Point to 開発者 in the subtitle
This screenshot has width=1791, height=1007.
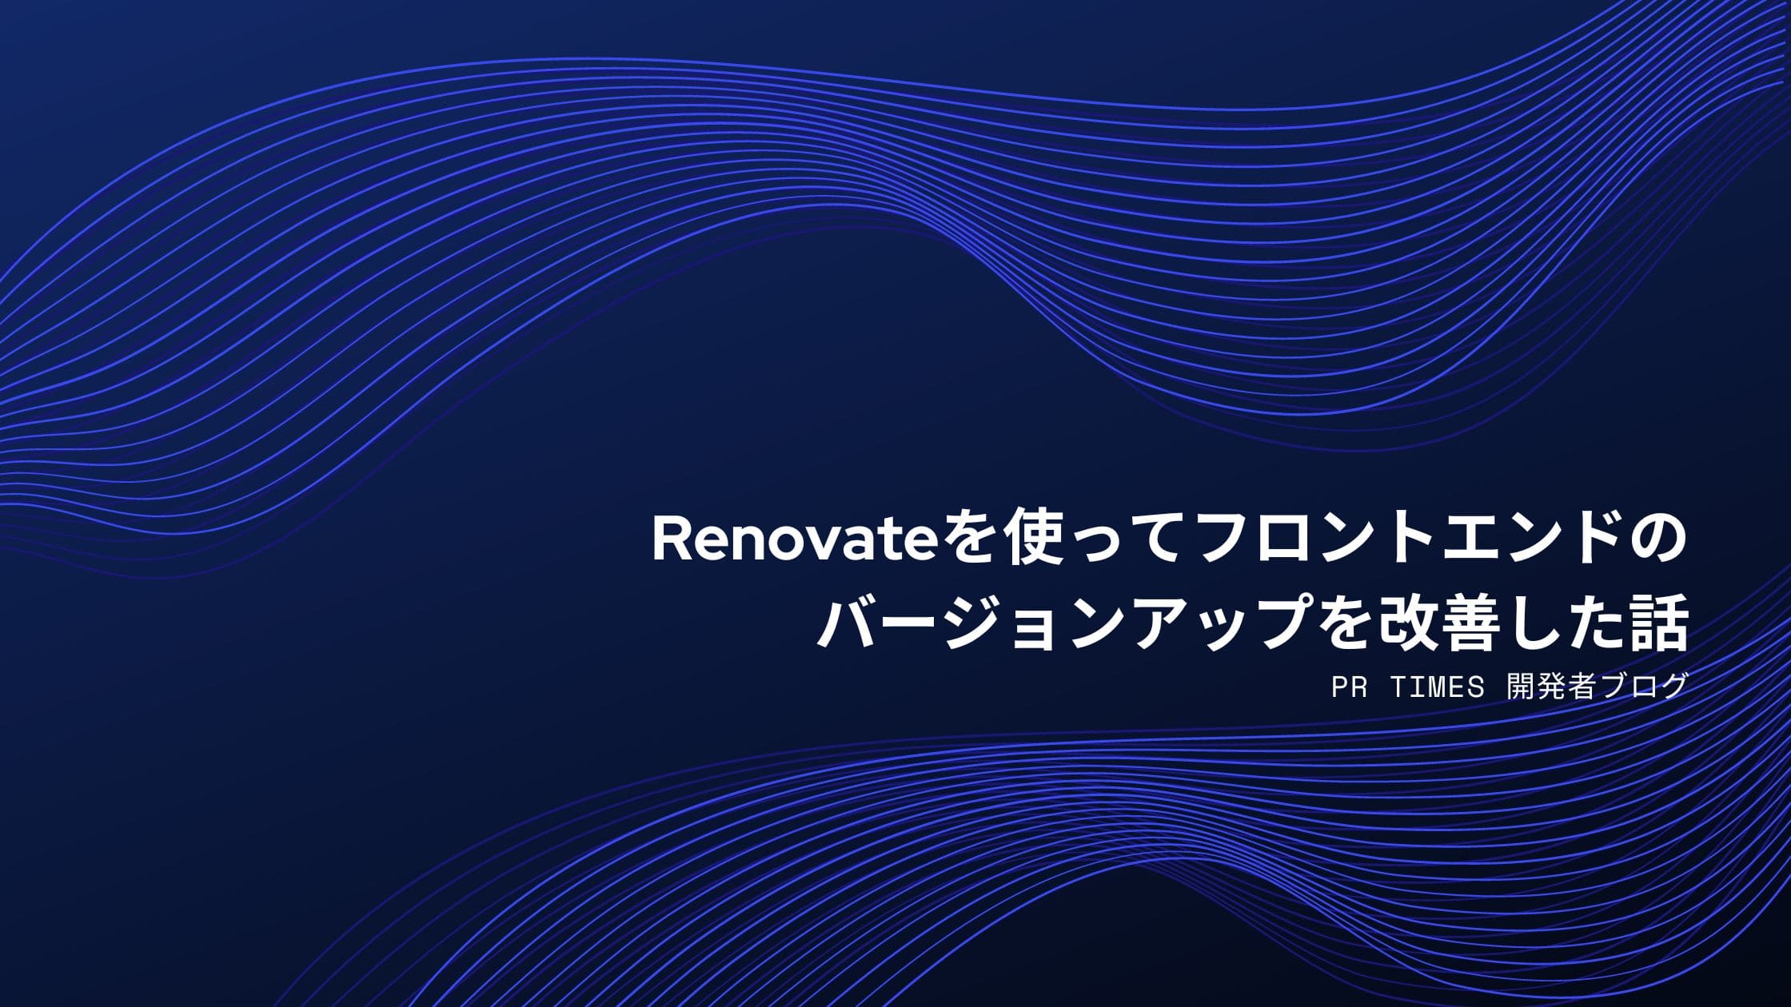1551,687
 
